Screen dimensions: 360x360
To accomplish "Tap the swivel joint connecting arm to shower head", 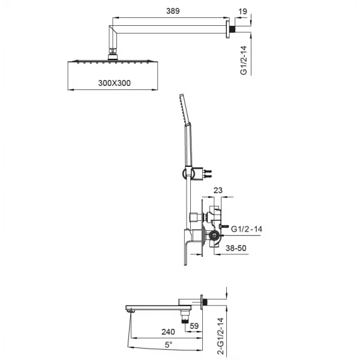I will [112, 54].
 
